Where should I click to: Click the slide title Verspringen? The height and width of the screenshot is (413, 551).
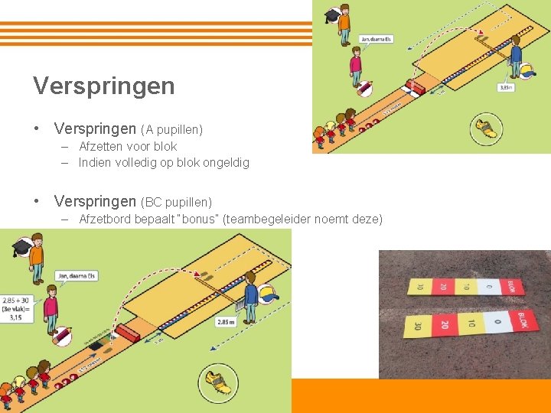tap(103, 86)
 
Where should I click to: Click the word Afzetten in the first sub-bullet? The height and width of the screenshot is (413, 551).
tap(101, 146)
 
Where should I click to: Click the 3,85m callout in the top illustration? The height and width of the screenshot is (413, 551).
tap(506, 87)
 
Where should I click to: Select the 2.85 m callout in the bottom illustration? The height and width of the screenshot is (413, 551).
tap(226, 322)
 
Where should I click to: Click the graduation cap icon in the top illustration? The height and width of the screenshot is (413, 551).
tap(331, 15)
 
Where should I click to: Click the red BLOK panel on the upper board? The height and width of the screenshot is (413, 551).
tap(512, 287)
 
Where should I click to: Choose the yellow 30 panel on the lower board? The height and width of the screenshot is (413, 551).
tap(418, 327)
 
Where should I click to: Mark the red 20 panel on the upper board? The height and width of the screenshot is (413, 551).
tap(442, 287)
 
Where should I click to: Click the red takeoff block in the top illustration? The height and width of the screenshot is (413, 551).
tap(416, 88)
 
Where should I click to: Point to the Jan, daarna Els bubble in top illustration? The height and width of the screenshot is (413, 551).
tap(377, 38)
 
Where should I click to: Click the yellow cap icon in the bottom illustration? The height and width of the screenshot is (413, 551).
tap(268, 294)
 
